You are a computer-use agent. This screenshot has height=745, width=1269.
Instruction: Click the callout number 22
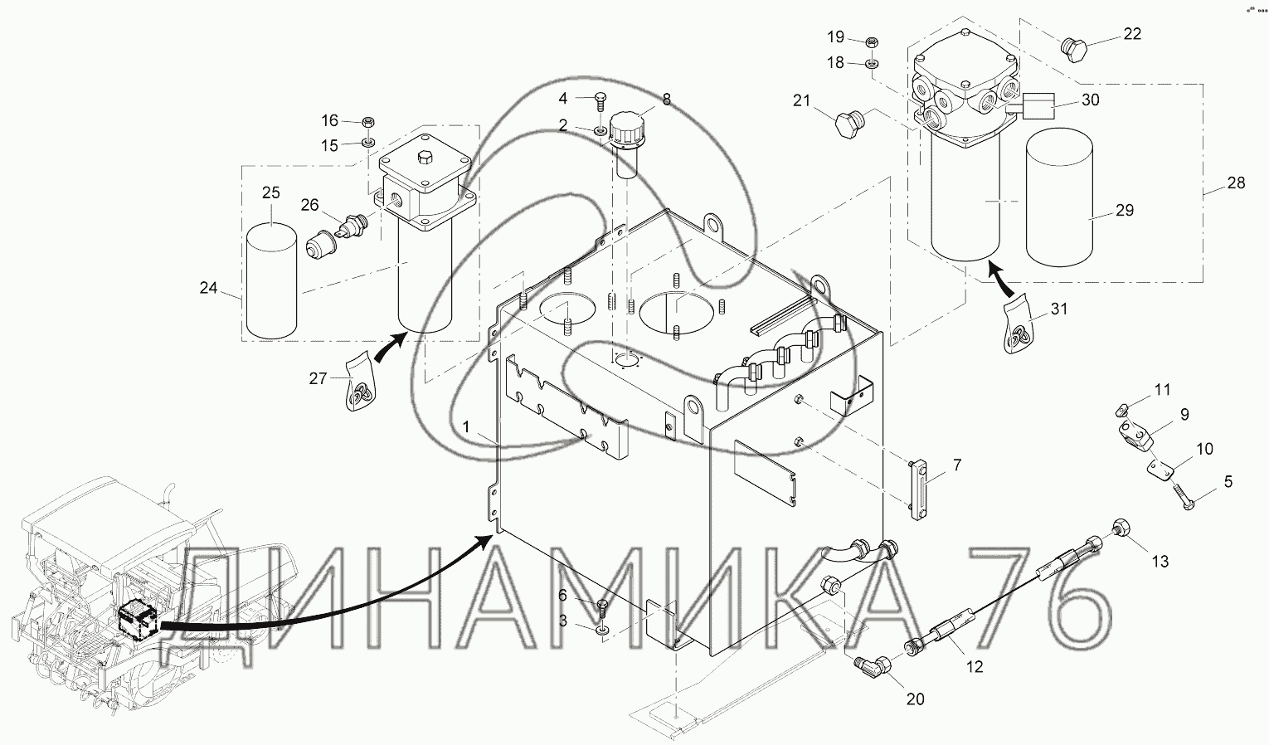tap(1132, 34)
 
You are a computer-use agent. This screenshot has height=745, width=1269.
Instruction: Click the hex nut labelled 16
tap(368, 121)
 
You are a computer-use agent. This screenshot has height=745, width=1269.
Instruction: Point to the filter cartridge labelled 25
tap(271, 281)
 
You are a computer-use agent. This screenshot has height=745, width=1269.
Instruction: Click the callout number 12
tap(975, 667)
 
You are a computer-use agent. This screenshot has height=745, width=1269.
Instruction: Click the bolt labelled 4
tap(600, 105)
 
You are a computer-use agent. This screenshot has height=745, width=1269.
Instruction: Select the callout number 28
tap(1236, 183)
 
